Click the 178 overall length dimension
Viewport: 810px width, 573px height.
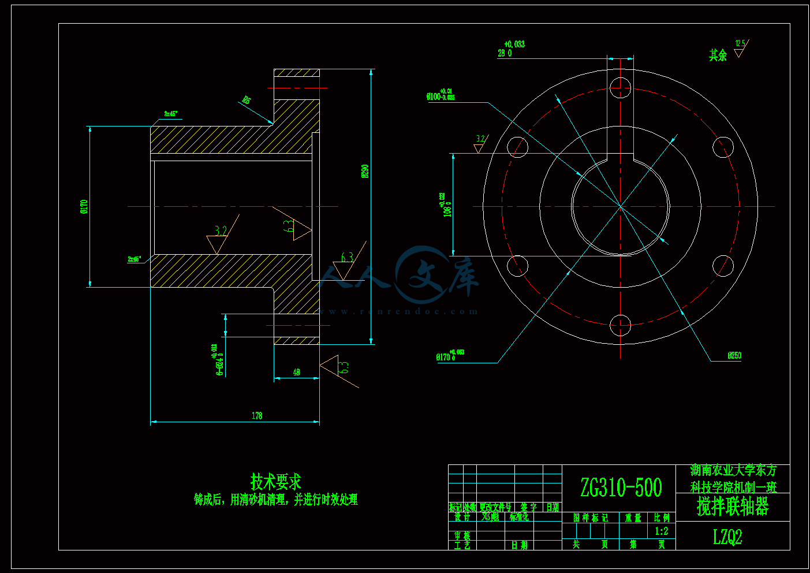pos(257,415)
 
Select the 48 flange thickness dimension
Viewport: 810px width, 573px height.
pos(296,373)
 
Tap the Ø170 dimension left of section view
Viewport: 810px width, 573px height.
pos(84,206)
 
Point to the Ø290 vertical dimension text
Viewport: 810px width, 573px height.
pos(365,171)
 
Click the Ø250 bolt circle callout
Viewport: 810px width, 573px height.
pos(734,356)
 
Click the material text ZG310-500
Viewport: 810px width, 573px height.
pos(621,488)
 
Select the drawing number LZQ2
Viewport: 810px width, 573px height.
pos(727,537)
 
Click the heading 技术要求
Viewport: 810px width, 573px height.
pos(275,481)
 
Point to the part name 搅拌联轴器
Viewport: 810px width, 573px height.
pos(733,507)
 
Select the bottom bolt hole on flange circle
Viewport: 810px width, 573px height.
pos(620,325)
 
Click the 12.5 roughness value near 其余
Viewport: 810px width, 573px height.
pos(740,44)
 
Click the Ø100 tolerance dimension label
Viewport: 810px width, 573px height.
pos(440,95)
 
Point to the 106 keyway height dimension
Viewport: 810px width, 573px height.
pos(447,206)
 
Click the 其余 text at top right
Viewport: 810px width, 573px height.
pos(718,55)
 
